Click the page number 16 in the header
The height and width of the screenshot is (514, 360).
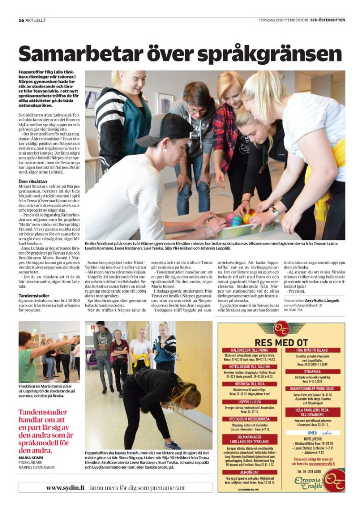21,20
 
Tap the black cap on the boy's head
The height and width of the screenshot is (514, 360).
157,128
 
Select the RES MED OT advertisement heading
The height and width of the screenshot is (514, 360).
281,342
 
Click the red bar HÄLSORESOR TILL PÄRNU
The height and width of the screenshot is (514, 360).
250,350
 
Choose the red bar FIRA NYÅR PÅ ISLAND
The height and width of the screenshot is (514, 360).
311,350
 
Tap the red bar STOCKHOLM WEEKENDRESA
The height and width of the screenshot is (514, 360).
250,419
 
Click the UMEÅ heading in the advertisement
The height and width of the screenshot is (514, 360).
306,433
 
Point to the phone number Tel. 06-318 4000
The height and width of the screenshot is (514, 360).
311,471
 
